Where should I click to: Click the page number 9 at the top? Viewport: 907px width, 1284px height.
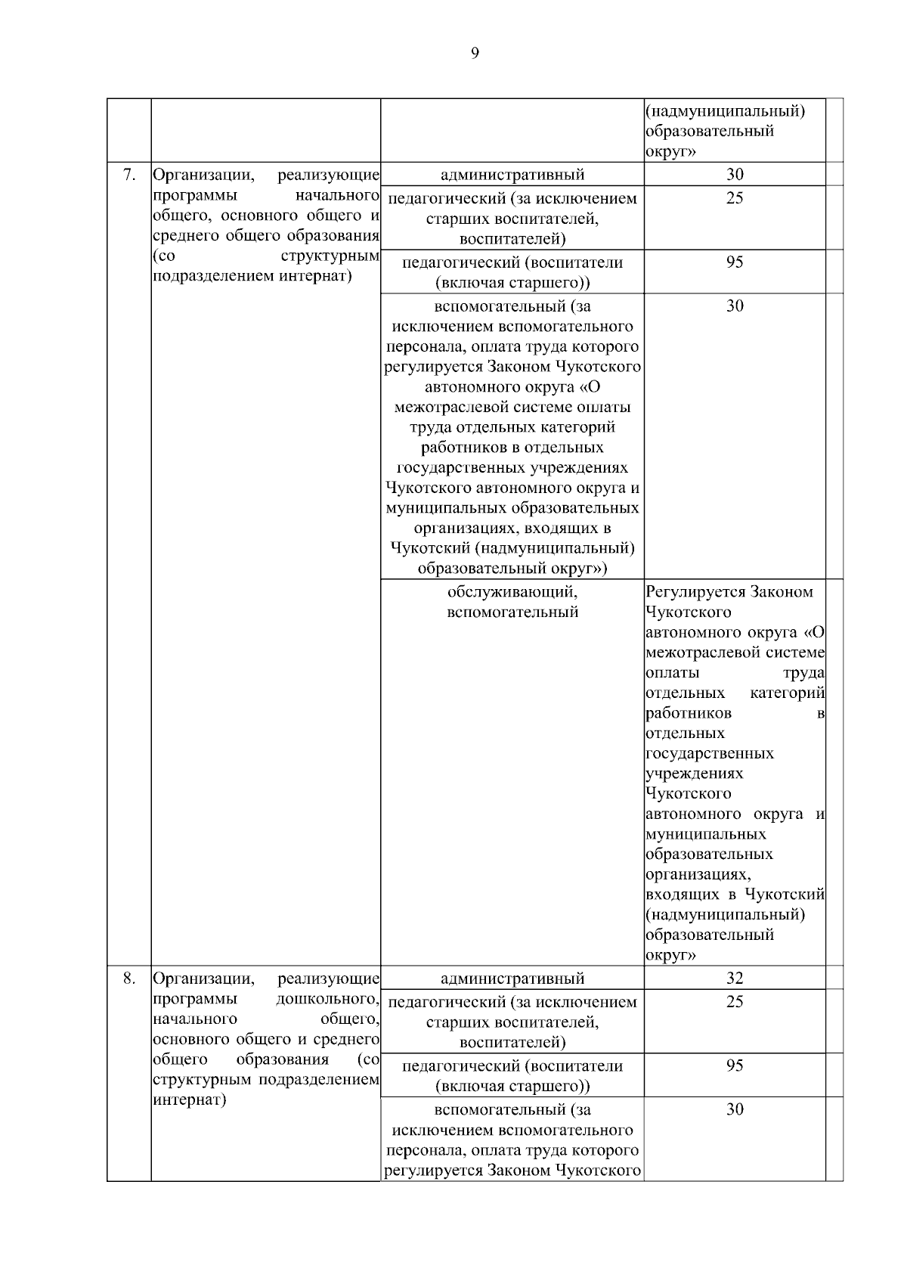click(x=475, y=52)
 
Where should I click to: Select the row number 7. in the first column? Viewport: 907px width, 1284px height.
click(x=129, y=175)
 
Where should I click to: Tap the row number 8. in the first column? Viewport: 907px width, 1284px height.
click(x=129, y=978)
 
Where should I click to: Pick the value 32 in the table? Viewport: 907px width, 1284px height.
click(x=735, y=978)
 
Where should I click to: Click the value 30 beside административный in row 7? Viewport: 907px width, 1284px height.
click(x=735, y=175)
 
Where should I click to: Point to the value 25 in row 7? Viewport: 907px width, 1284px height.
click(x=735, y=198)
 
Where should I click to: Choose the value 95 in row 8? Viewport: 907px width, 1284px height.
click(x=735, y=1065)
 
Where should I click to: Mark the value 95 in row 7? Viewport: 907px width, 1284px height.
click(x=735, y=262)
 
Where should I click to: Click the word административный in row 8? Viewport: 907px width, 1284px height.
click(x=512, y=979)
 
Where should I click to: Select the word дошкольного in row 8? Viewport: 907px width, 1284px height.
click(x=327, y=999)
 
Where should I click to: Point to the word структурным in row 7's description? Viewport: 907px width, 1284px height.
click(x=330, y=256)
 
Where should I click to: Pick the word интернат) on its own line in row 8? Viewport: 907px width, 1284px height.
click(x=190, y=1100)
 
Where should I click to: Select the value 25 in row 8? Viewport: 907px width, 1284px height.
click(x=735, y=1002)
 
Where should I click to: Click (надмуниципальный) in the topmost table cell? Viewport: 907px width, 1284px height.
click(x=726, y=111)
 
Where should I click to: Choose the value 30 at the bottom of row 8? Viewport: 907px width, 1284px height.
click(x=735, y=1109)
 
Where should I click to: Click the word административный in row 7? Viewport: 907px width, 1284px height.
click(x=512, y=175)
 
